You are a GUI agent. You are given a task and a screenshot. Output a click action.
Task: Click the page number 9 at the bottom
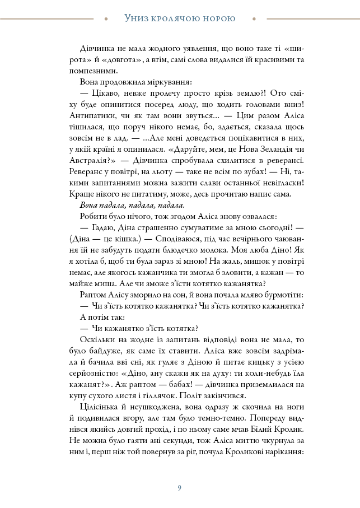tap(179, 487)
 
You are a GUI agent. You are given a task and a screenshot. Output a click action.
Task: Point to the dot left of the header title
tap(106, 18)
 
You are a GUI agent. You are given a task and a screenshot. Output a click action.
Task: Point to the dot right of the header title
tap(254, 18)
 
